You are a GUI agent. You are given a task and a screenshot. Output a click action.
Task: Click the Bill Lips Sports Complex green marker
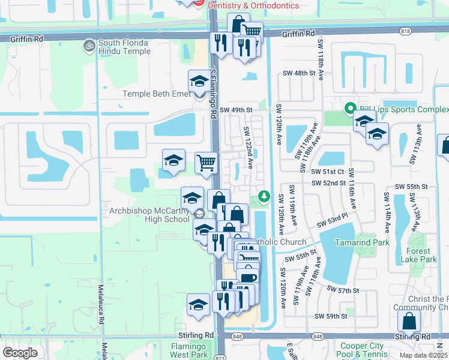[x=349, y=109]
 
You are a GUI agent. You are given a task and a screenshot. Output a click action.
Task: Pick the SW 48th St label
[x=300, y=73]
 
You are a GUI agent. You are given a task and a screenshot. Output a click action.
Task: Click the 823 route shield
[x=220, y=358]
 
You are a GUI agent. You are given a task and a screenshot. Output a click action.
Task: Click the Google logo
[x=20, y=353]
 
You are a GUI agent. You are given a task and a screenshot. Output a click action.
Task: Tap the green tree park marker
[x=264, y=196]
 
